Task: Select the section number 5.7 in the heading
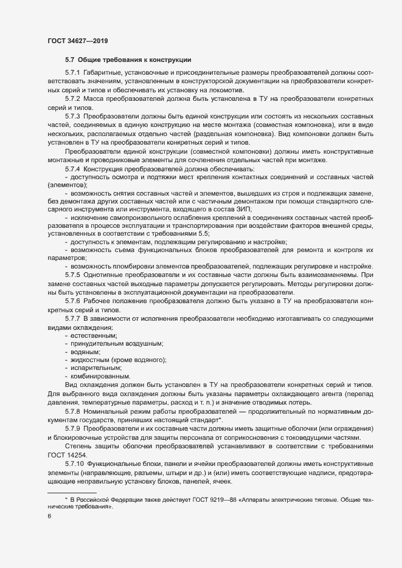coord(69,60)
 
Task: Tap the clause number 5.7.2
coord(72,98)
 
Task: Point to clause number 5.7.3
coord(72,115)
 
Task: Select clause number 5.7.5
coord(72,275)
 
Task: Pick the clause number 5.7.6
coord(72,301)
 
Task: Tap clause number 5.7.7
coord(72,319)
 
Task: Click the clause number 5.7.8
coord(72,411)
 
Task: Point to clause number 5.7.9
coord(72,429)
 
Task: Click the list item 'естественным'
coord(94,336)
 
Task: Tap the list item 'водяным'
coord(86,353)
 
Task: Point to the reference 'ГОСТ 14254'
coord(68,455)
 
